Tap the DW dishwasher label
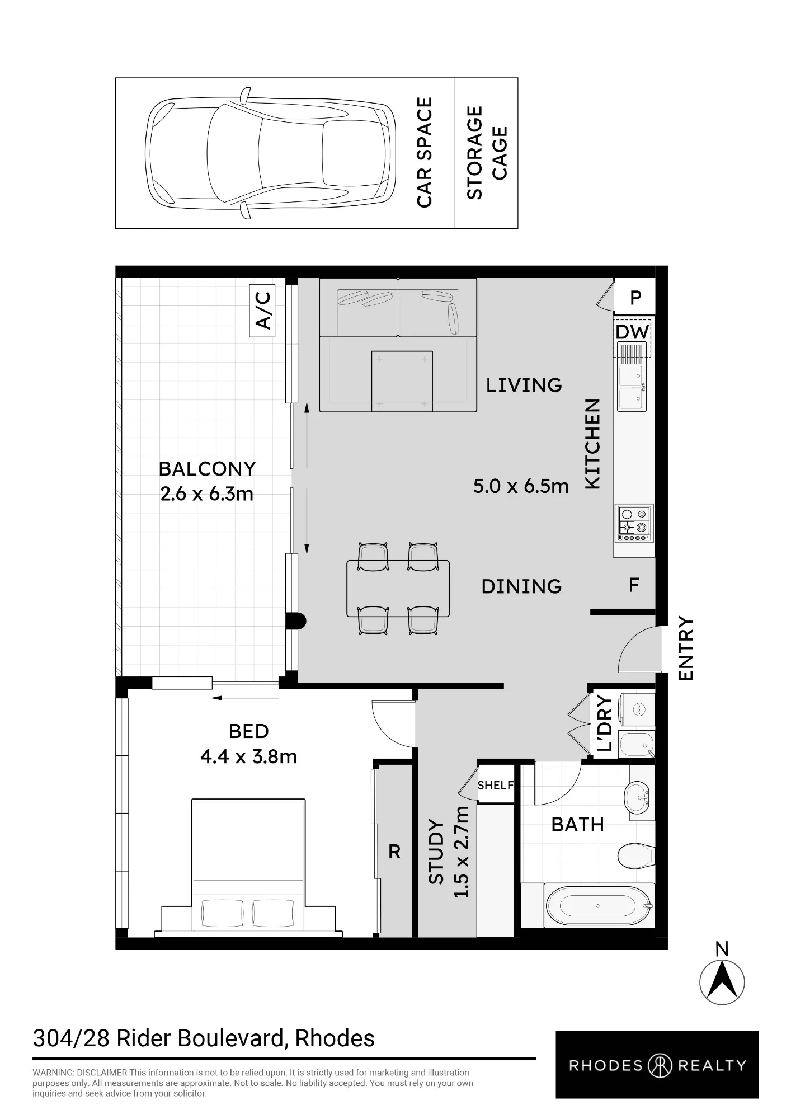[x=632, y=332]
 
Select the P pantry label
[x=635, y=298]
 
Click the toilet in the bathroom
[x=635, y=855]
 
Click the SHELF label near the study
[x=495, y=786]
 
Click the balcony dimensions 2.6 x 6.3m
[x=206, y=494]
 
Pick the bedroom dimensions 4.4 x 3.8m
[x=248, y=756]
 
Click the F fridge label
[x=634, y=585]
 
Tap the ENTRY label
[x=685, y=649]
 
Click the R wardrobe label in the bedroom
[x=394, y=852]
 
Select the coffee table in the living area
[x=402, y=381]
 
